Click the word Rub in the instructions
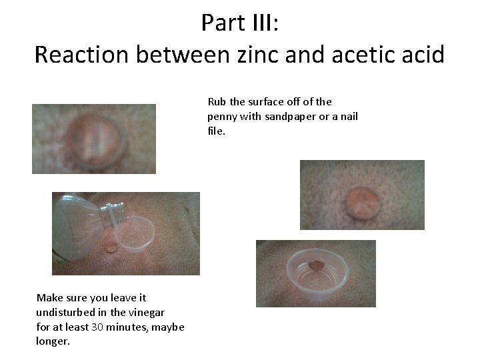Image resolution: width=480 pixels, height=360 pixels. tap(217, 102)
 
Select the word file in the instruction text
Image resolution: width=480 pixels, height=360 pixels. tap(215, 131)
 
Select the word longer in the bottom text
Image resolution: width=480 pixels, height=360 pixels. tap(53, 341)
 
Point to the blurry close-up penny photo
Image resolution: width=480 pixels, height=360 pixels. tap(93, 139)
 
